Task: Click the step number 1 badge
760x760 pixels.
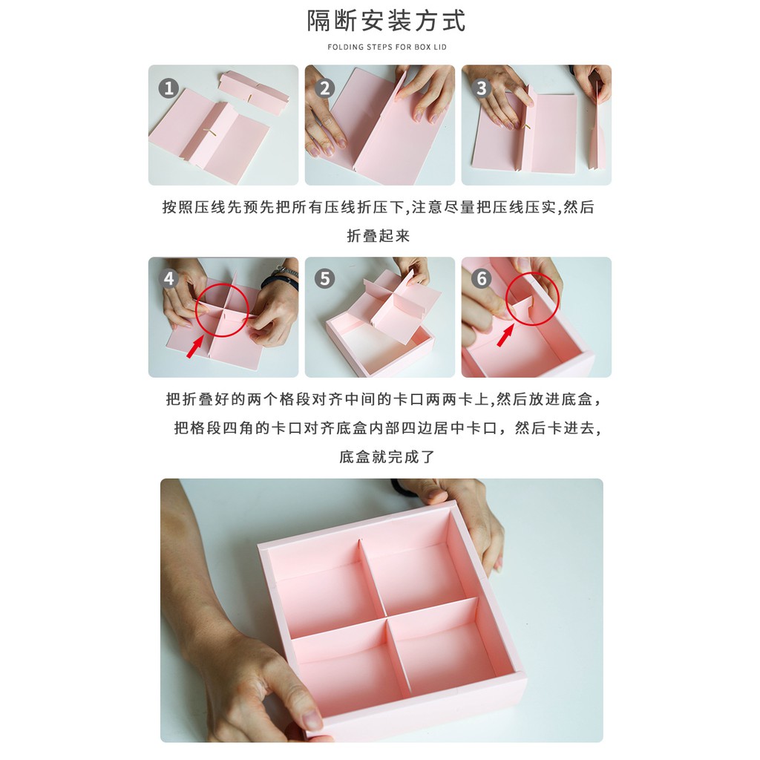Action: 168,88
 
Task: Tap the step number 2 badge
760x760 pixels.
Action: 325,88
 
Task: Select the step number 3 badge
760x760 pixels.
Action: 481,88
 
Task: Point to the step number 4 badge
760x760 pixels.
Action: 168,279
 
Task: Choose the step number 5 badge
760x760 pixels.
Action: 325,279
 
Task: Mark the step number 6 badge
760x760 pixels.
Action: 481,279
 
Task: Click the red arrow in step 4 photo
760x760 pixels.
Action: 196,347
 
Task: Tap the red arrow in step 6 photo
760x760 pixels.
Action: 505,336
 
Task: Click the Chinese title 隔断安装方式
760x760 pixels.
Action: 386,21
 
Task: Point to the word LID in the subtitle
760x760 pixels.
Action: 440,47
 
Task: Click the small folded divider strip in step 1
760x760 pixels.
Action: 254,92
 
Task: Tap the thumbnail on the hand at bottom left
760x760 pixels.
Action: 312,720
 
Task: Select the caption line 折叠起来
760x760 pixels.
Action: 379,236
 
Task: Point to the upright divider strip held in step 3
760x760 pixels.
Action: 597,125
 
